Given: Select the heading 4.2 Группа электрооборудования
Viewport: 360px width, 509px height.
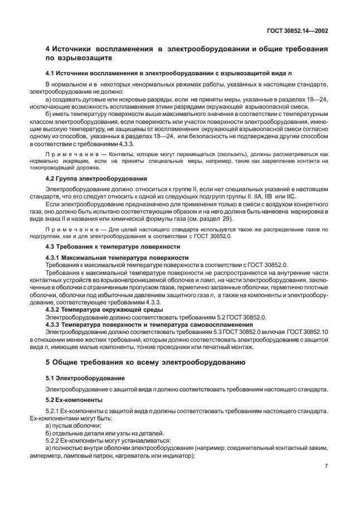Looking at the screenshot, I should [x=96, y=179].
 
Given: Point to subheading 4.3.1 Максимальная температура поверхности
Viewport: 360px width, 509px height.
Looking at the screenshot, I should [x=117, y=258].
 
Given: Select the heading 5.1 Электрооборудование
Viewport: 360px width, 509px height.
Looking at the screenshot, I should [x=85, y=378].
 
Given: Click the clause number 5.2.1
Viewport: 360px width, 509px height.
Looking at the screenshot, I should [x=55, y=410].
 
